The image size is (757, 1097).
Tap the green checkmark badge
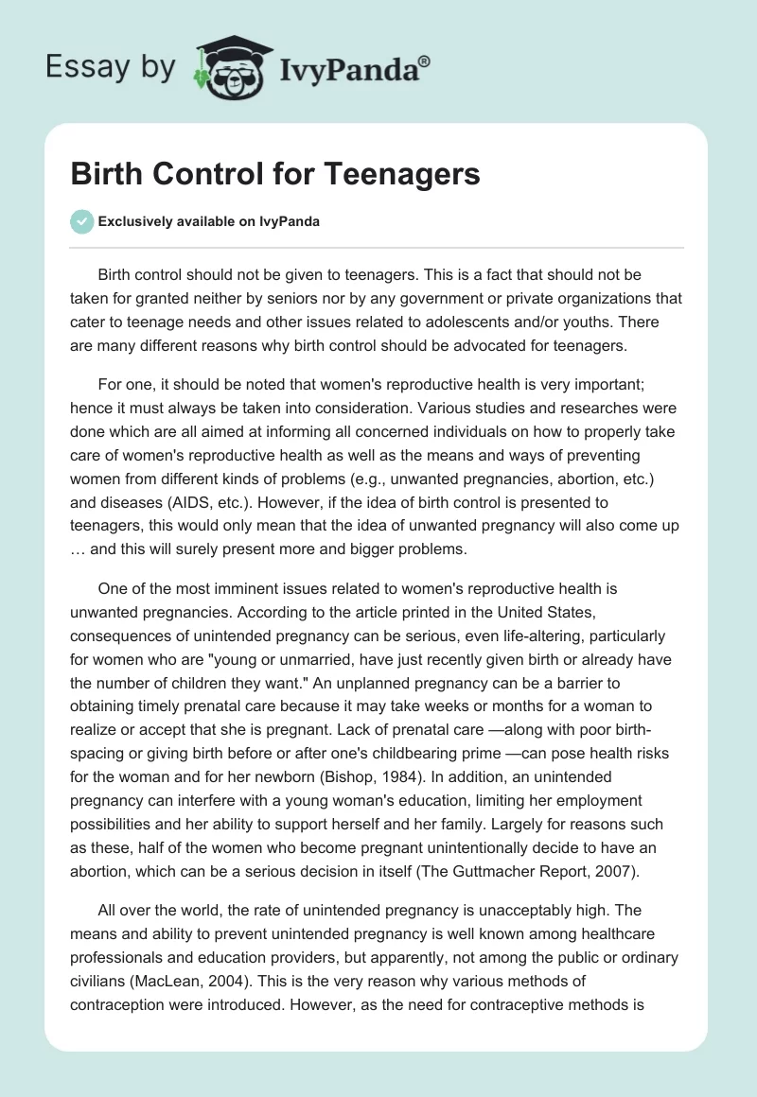(82, 221)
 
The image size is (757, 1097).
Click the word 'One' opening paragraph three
(112, 588)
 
